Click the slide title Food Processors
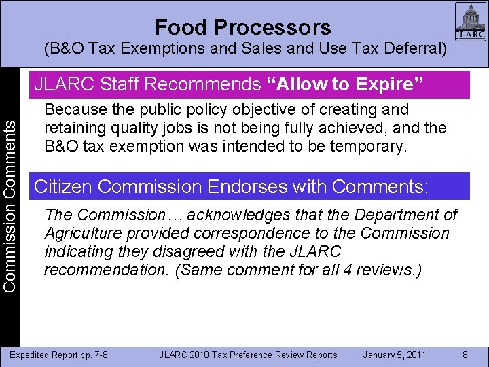242,27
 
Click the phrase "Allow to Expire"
346,85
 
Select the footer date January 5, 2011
394,355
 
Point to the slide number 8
465,355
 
